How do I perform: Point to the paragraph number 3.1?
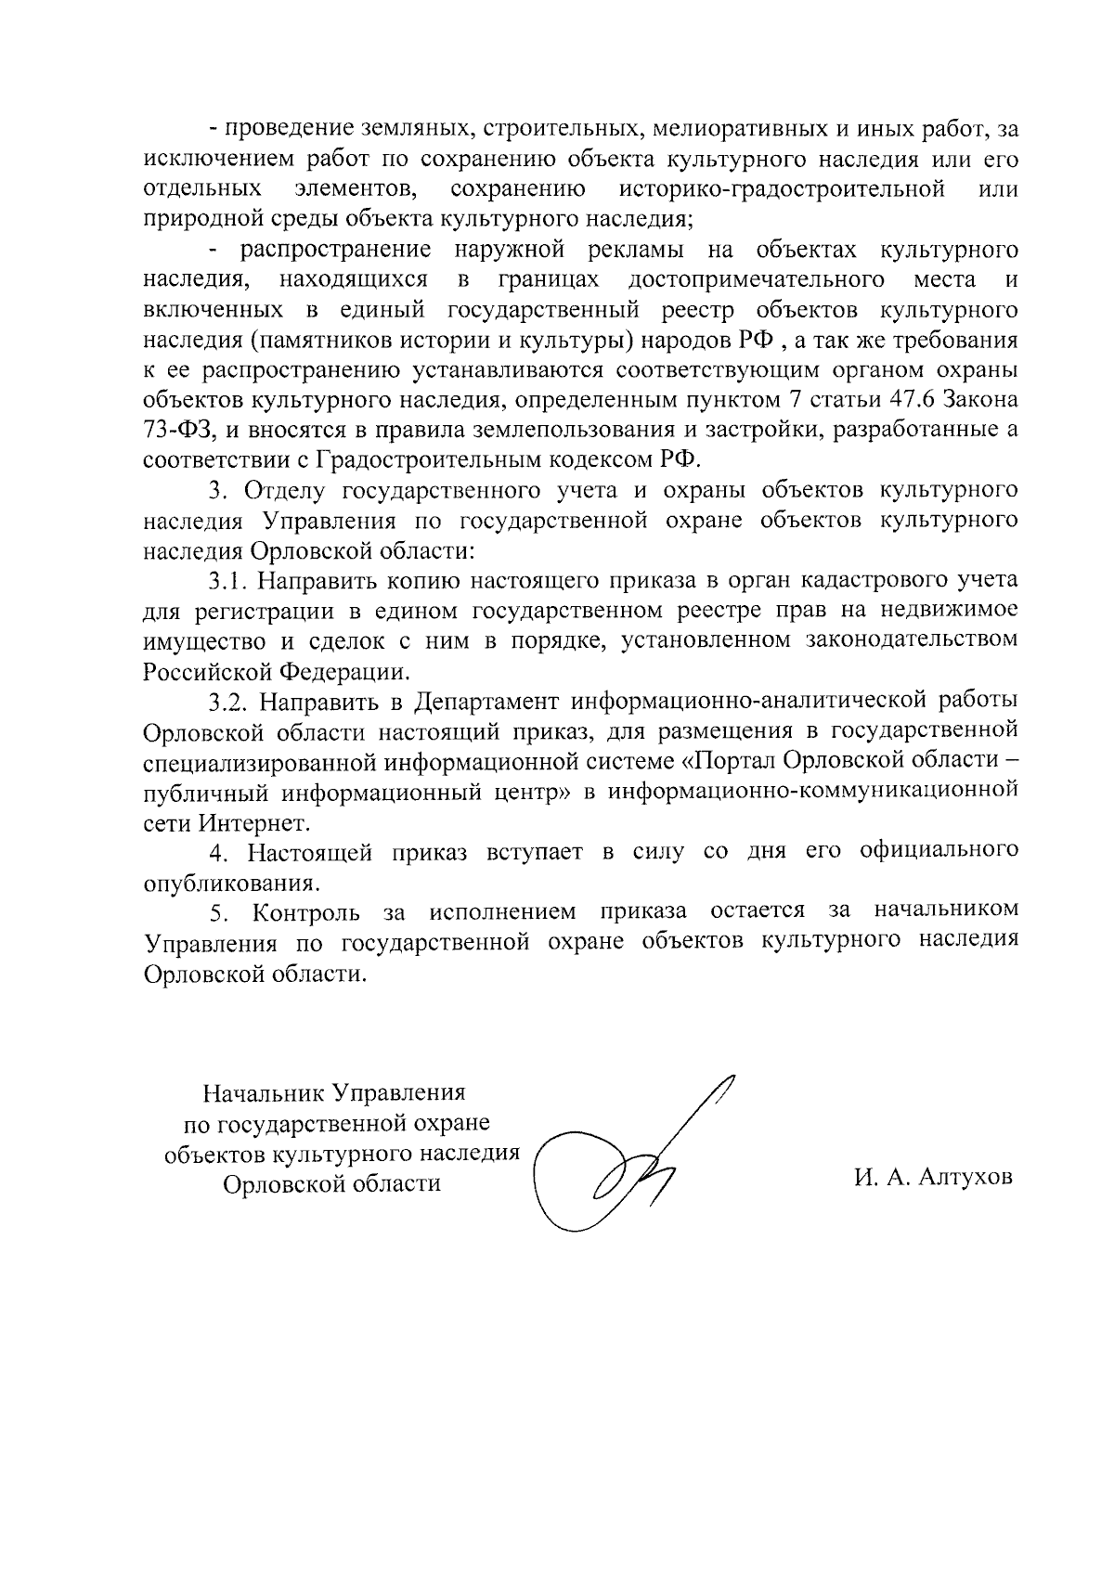click(227, 581)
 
